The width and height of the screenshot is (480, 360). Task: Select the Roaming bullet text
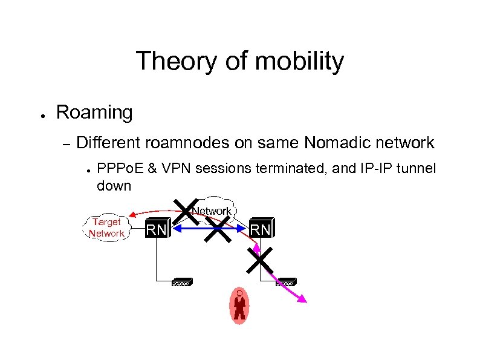pyautogui.click(x=94, y=112)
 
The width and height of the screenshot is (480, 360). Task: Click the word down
pyautogui.click(x=114, y=185)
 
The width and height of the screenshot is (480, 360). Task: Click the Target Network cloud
pyautogui.click(x=106, y=227)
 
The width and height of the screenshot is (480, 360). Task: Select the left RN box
pyautogui.click(x=158, y=229)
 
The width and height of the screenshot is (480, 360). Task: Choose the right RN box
pyautogui.click(x=261, y=229)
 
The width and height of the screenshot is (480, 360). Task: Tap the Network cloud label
pyautogui.click(x=211, y=211)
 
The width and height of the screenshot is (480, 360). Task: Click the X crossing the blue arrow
pyautogui.click(x=218, y=229)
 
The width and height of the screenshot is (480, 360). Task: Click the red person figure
pyautogui.click(x=239, y=305)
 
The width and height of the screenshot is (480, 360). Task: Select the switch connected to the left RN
pyautogui.click(x=181, y=282)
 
